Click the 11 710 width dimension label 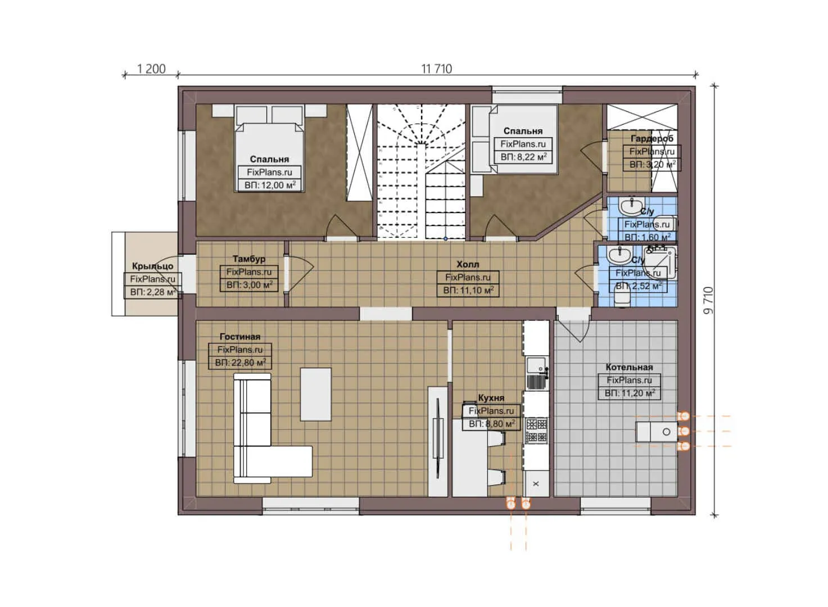pos(436,69)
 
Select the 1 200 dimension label pos(151,69)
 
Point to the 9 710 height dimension pos(708,300)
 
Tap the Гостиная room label pos(240,337)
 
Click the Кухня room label pos(491,398)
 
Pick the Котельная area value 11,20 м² pos(630,393)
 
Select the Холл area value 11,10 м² pos(468,291)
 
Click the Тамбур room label pos(249,259)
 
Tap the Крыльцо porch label pos(152,266)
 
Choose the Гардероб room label pos(651,138)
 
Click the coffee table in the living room pos(315,394)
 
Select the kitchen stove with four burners pos(536,431)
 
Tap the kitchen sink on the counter pos(536,366)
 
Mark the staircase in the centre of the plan pos(420,171)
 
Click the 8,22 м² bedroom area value pos(523,157)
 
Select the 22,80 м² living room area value pos(240,363)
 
